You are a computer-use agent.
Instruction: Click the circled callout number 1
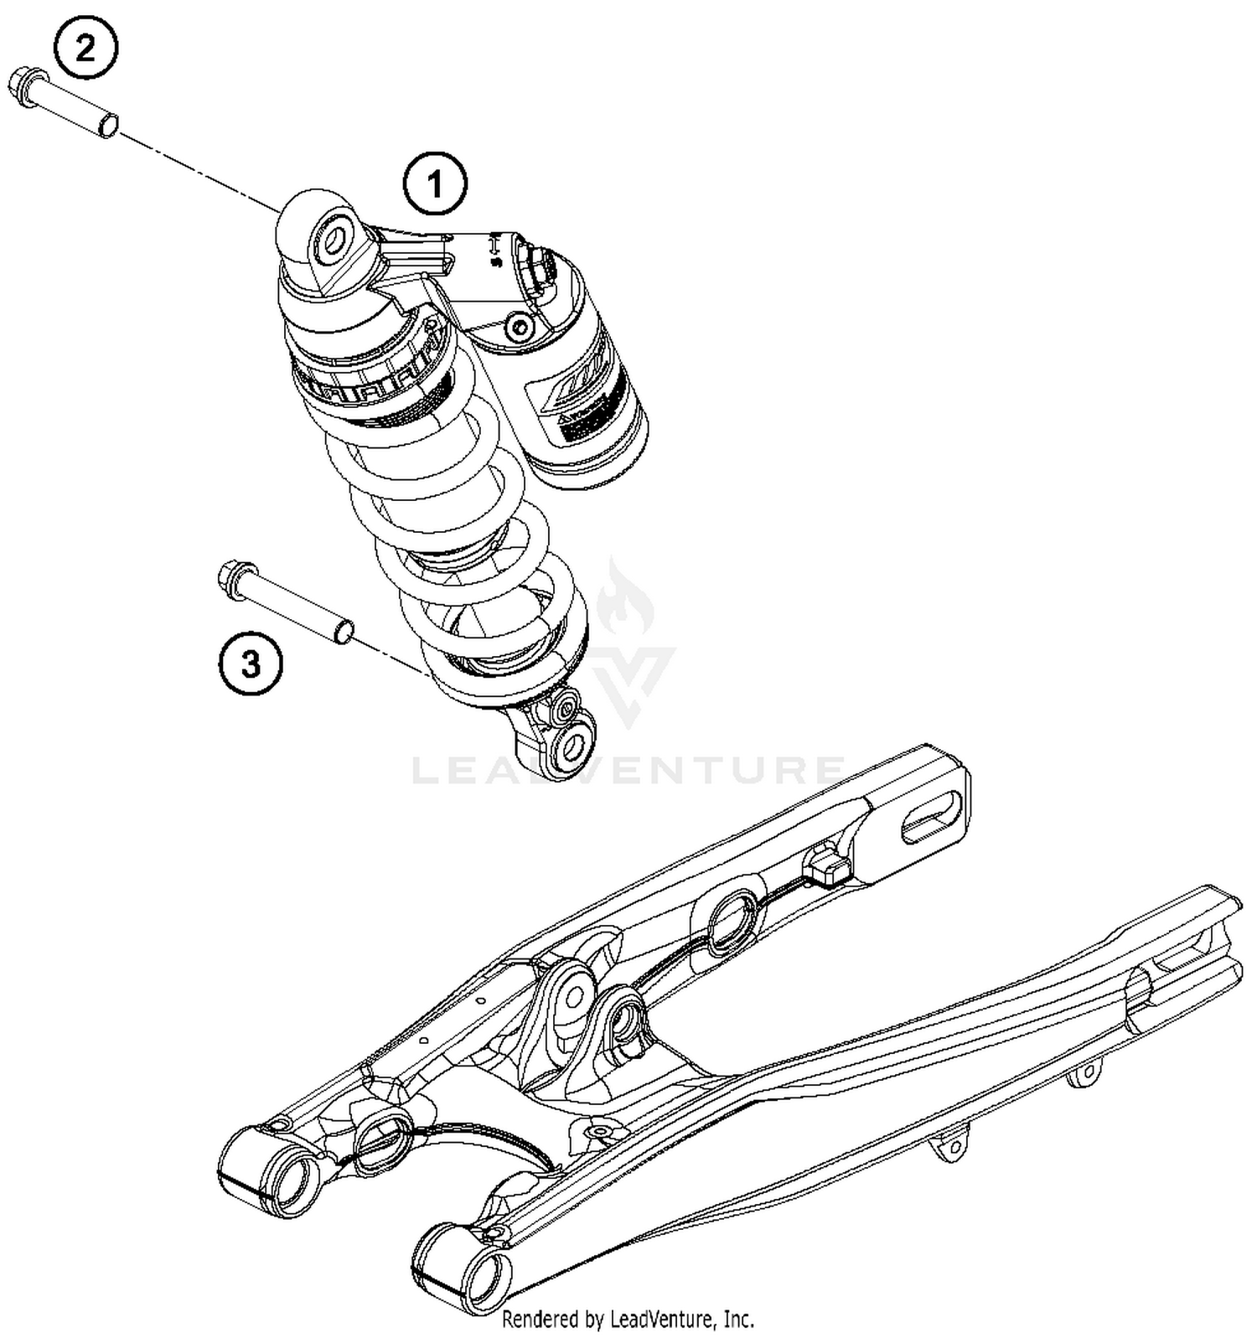coord(434,183)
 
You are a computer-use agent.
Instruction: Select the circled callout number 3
coord(251,664)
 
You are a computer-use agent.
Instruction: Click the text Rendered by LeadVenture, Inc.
coord(628,1320)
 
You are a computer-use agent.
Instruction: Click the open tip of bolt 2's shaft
coord(107,126)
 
